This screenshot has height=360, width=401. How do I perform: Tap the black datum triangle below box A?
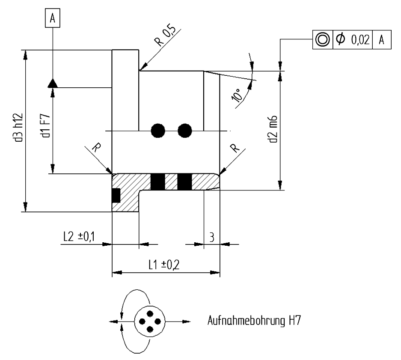(x=52, y=83)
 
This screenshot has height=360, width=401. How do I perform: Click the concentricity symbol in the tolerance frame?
(x=323, y=39)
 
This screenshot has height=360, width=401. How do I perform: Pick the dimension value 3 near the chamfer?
(x=211, y=237)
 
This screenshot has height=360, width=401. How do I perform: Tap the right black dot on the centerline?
(x=185, y=130)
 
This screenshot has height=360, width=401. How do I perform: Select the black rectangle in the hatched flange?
(x=116, y=195)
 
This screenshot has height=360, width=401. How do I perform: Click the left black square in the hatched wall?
(x=158, y=181)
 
